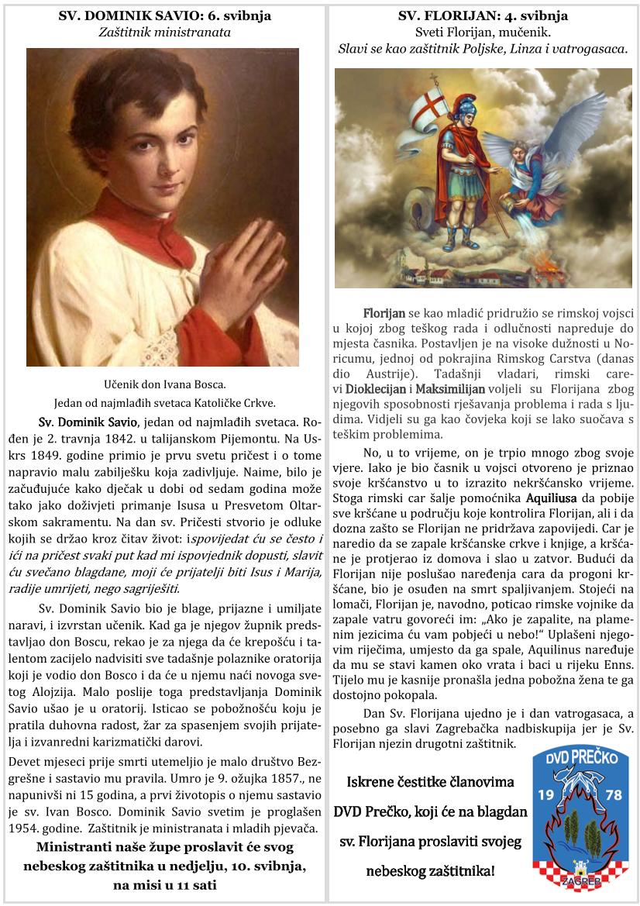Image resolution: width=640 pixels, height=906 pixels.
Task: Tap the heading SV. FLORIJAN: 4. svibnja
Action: coord(483,16)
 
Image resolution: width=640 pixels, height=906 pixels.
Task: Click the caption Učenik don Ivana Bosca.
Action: coord(164,384)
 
